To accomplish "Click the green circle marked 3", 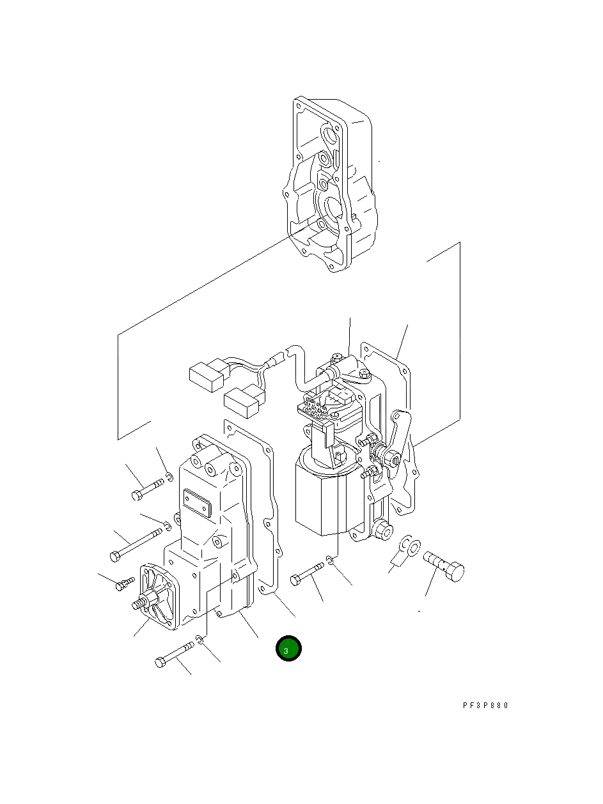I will click(288, 649).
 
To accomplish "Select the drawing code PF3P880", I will click(485, 706).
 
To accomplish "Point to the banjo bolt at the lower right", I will click(444, 566).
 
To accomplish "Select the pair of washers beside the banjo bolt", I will click(407, 546).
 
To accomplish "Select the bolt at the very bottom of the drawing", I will click(173, 655).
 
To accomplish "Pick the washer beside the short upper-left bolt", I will click(168, 475).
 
